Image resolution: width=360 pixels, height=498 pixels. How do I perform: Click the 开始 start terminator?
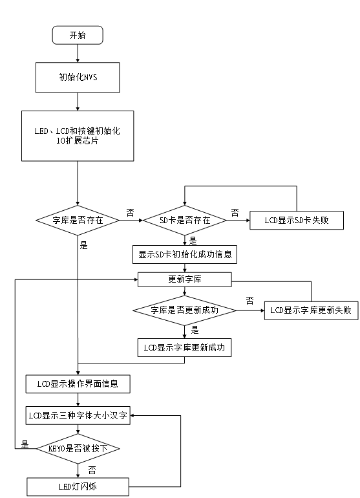click(78, 35)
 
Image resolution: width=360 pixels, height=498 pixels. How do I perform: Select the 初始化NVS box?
click(78, 78)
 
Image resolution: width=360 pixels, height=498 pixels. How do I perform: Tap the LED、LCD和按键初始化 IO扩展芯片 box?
click(78, 136)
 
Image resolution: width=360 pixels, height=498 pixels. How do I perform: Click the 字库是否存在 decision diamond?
click(78, 220)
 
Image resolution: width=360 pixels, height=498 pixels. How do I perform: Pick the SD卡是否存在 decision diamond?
click(185, 220)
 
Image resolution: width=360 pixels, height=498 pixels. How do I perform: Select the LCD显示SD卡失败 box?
click(297, 220)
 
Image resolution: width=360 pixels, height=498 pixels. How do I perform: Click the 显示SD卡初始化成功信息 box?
click(185, 254)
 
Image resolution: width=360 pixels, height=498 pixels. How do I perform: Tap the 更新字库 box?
click(185, 279)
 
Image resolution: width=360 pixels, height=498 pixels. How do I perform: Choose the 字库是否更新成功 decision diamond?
click(185, 310)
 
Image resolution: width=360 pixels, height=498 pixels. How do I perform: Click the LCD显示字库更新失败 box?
click(311, 310)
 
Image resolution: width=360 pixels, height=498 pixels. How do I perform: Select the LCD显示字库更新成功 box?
click(184, 347)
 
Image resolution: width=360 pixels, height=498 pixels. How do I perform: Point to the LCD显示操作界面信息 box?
click(78, 384)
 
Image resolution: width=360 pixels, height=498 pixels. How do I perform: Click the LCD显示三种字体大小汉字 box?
click(78, 415)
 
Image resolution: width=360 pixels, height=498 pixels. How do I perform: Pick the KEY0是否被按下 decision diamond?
click(78, 448)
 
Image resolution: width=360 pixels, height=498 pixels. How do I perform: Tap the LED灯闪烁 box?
click(78, 486)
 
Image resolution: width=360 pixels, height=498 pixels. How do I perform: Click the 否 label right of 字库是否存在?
click(130, 213)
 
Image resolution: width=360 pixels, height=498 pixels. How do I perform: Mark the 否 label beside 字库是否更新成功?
click(250, 301)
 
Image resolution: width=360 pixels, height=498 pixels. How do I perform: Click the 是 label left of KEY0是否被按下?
click(25, 444)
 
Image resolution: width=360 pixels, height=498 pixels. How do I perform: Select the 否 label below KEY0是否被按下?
click(92, 470)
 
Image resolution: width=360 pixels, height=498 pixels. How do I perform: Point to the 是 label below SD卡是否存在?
click(193, 241)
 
